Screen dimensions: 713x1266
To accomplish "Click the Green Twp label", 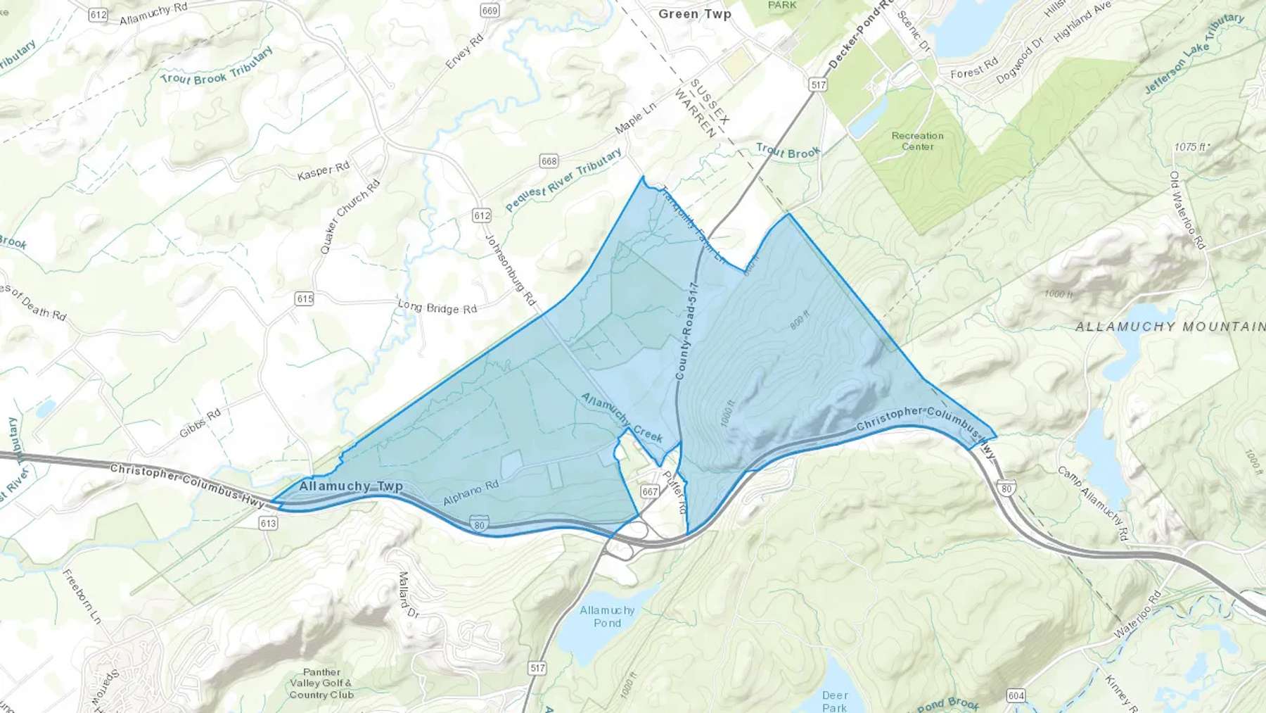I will (694, 14).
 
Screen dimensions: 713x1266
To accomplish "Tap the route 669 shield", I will (490, 10).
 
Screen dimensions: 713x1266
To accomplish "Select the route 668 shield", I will (549, 161).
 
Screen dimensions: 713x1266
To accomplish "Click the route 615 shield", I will (305, 299).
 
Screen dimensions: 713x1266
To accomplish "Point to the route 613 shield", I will (268, 523).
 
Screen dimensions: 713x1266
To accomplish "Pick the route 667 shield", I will (649, 491).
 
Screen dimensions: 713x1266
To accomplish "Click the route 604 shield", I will (1016, 695).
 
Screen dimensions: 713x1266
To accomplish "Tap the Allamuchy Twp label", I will (350, 486).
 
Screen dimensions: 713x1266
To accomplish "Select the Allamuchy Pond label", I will (607, 617).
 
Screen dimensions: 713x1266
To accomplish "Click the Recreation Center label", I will (917, 141).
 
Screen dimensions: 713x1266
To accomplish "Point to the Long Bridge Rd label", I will (437, 307).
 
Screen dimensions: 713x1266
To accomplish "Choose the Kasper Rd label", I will (324, 170).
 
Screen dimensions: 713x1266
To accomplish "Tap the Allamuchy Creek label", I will (622, 417).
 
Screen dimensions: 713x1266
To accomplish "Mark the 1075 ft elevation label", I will (1191, 147).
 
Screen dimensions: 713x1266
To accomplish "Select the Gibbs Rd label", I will (200, 423).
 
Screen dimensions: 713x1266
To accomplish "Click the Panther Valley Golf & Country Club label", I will (321, 683).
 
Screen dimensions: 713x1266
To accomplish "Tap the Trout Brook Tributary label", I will (216, 67).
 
